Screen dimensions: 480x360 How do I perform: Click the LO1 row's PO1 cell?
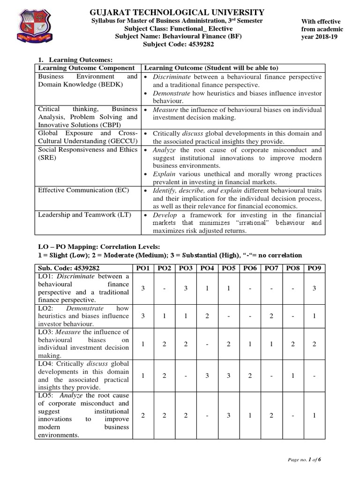tap(143, 288)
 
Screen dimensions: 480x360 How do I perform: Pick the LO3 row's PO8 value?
tap(292, 344)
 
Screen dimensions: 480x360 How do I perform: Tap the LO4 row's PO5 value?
tap(228, 375)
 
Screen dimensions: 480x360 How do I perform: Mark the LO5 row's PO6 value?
tap(250, 415)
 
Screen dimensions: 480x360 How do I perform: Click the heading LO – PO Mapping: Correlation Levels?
tap(98, 246)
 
